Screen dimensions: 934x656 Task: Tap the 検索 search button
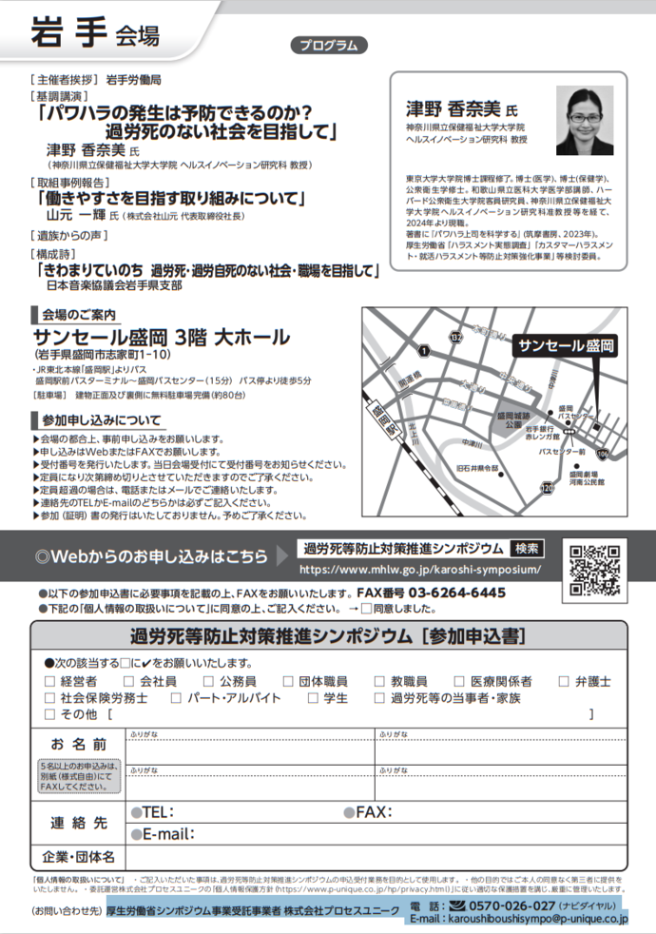[x=524, y=549]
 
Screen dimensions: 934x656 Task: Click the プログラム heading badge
[x=327, y=45]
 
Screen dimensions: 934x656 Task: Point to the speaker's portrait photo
[x=589, y=118]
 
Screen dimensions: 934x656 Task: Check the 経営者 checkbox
[x=50, y=681]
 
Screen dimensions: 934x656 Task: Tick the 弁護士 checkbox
[x=564, y=681]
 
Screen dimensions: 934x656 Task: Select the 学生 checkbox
[x=317, y=697]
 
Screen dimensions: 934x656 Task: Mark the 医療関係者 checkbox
[x=460, y=681]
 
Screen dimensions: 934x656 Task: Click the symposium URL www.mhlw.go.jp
[x=421, y=569]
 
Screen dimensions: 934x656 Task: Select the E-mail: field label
[x=168, y=833]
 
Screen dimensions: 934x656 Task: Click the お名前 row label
[x=78, y=744]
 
